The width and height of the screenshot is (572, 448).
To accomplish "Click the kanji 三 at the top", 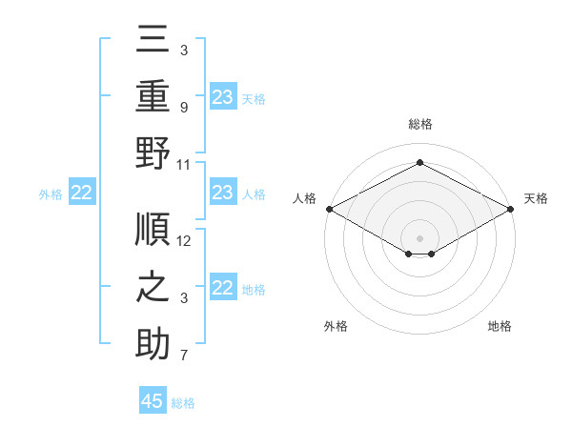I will [x=153, y=41].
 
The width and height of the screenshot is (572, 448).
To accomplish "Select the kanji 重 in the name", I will [x=153, y=97].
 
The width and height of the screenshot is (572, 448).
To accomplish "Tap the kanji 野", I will [x=153, y=153].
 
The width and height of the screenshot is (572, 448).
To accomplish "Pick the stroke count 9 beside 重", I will [x=183, y=107].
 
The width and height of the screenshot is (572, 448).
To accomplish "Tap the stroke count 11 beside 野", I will [x=185, y=164].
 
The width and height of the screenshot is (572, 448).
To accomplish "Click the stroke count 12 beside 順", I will [x=185, y=241].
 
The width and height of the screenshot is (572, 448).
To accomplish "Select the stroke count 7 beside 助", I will [x=183, y=356].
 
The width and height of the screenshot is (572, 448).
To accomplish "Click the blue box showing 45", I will [x=153, y=401].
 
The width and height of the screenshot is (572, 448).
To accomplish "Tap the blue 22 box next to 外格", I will [x=82, y=193].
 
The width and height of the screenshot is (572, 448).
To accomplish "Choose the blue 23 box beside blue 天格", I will [x=223, y=97].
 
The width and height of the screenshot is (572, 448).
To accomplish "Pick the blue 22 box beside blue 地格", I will [x=223, y=289].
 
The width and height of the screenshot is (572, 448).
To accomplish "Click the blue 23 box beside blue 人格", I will [x=223, y=193].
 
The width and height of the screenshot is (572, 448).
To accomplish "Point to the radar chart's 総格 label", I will [x=419, y=124].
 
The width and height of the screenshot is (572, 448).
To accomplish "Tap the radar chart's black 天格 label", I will [x=536, y=198].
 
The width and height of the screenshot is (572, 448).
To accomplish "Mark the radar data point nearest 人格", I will [x=329, y=208].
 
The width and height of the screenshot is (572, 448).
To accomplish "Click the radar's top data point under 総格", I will [x=419, y=163].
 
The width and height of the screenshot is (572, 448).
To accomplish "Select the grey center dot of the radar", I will [x=419, y=236].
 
